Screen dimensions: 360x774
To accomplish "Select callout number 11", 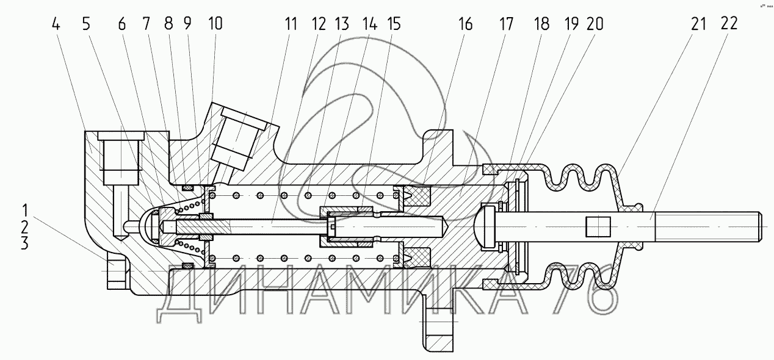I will click(x=290, y=25).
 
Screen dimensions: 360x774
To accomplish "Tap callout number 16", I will click(x=466, y=25).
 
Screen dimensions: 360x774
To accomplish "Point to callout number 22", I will click(x=728, y=24).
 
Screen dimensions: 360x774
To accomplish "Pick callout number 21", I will click(x=699, y=24).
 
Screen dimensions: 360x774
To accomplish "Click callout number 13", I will click(x=341, y=25).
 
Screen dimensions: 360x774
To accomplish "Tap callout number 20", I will click(x=595, y=25).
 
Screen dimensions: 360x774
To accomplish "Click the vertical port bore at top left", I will click(x=120, y=162).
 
